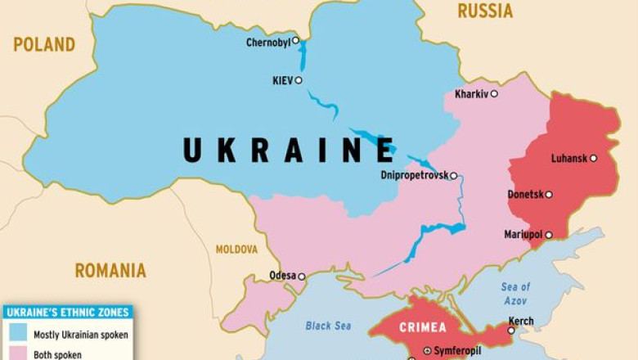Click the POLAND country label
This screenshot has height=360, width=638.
[x=44, y=44]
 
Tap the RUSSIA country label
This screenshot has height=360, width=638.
[x=485, y=11]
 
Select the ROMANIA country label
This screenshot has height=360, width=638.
[x=110, y=270]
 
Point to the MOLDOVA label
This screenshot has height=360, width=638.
[x=236, y=249]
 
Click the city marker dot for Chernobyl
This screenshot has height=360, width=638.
[x=296, y=40]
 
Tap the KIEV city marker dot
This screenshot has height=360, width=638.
[x=299, y=80]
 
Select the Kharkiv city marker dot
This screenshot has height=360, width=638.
[x=494, y=94]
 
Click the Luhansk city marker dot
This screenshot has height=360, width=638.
[x=594, y=159]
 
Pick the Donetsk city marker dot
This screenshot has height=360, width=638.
[x=549, y=195]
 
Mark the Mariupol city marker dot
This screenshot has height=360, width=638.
[x=549, y=235]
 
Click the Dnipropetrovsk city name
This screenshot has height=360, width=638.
[x=414, y=175]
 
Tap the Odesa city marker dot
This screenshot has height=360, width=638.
[x=301, y=277]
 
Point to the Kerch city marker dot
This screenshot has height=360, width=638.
[x=511, y=331]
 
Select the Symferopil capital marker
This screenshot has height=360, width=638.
[x=426, y=351]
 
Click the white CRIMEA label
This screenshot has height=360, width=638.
[x=423, y=328]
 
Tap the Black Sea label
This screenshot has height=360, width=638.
[x=328, y=326]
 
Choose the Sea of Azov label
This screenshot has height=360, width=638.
[x=515, y=292]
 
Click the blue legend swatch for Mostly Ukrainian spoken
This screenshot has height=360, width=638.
[x=17, y=334]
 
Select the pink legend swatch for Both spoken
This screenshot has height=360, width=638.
[x=17, y=355]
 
